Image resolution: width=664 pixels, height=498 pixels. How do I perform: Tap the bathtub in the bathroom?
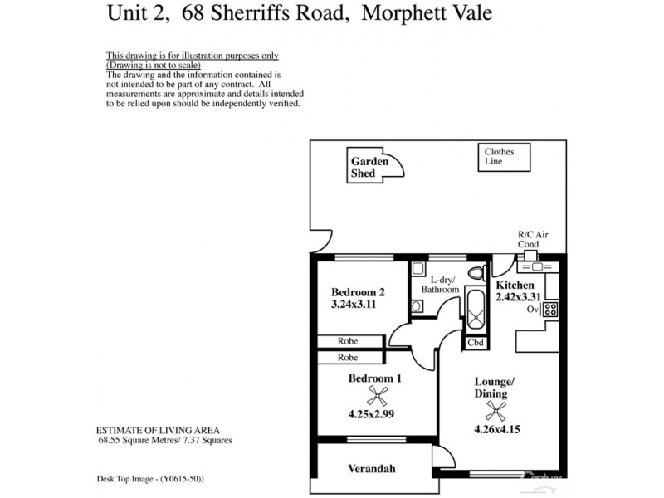pyautogui.click(x=476, y=310)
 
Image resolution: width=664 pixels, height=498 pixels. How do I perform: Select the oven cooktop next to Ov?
pyautogui.click(x=550, y=310)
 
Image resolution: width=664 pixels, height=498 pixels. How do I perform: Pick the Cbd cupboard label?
pyautogui.click(x=476, y=342)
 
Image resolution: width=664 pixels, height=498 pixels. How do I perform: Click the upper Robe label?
pyautogui.click(x=348, y=341)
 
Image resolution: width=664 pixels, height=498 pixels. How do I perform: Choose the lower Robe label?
pyautogui.click(x=348, y=358)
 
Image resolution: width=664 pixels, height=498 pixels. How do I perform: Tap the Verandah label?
pyautogui.click(x=370, y=469)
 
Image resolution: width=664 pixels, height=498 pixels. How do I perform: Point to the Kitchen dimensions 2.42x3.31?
pyautogui.click(x=519, y=296)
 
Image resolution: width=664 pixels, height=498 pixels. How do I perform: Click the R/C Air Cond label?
pyautogui.click(x=529, y=240)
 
